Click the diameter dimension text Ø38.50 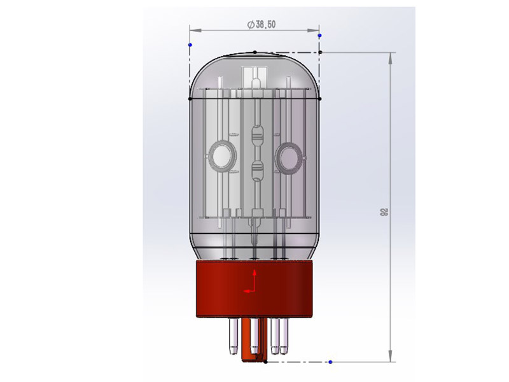[x=261, y=24]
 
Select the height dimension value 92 [x=384, y=212]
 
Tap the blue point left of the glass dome [x=190, y=45]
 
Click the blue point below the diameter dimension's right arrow [x=320, y=35]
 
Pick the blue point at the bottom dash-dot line [x=330, y=362]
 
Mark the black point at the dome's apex [x=255, y=52]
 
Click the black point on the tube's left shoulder [x=190, y=99]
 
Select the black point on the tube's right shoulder [x=320, y=99]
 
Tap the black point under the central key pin [x=265, y=362]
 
